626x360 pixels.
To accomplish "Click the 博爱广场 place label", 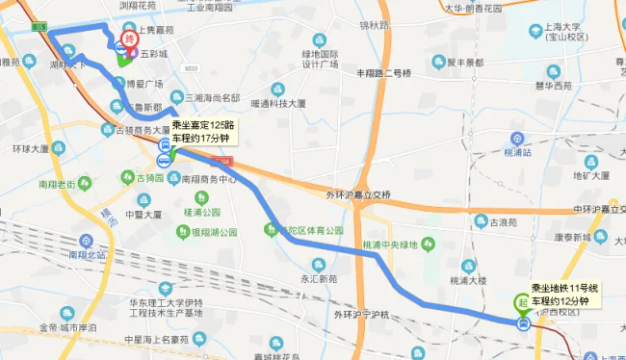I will [x=144, y=84].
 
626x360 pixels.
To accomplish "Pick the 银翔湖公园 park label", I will [x=214, y=232].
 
